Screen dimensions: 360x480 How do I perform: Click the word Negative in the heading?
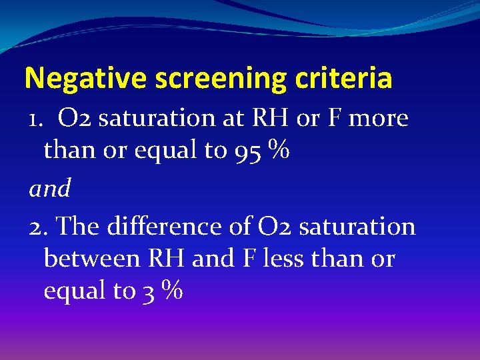[x=85, y=79]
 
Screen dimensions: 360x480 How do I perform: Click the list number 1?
[x=35, y=119]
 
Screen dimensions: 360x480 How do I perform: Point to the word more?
[x=377, y=119]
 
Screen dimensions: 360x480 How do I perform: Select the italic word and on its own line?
[x=50, y=189]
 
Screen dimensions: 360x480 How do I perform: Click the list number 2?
[x=37, y=227]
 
